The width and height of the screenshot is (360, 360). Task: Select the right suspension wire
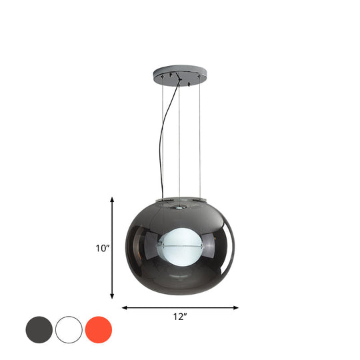201,140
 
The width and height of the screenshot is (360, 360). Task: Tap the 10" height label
102,249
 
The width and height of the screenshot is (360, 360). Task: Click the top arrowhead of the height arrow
112,199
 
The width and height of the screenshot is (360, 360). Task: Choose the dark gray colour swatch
39,329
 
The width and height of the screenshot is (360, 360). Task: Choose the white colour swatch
69,329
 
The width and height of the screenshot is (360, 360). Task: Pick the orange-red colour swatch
99,329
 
